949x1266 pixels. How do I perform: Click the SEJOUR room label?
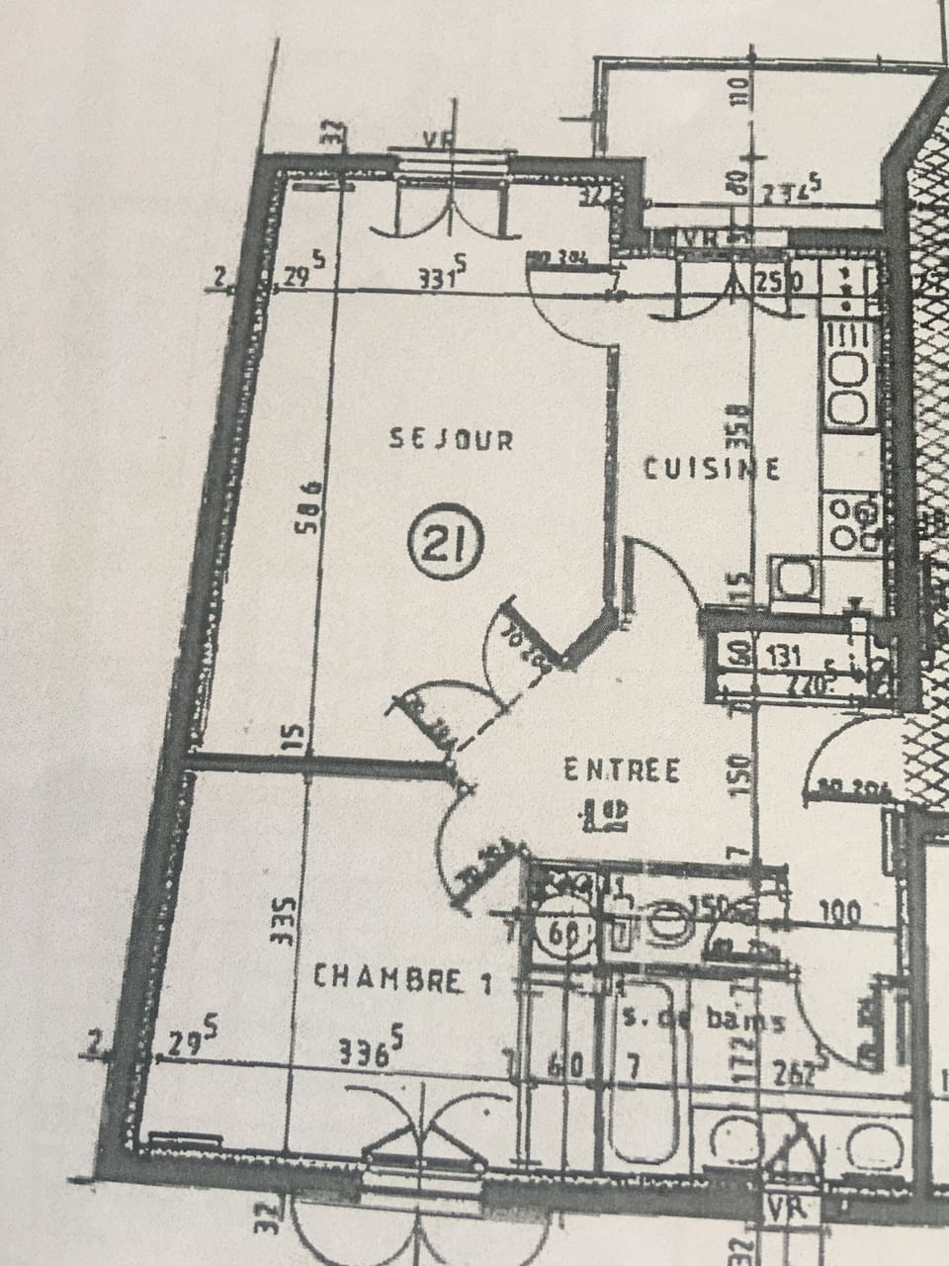click(452, 439)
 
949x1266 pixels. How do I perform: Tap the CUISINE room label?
click(712, 467)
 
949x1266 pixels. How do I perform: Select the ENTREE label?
click(622, 769)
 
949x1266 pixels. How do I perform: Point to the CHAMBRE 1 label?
click(402, 979)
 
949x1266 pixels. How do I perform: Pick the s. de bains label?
click(705, 1020)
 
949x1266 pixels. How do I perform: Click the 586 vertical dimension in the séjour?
click(309, 507)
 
